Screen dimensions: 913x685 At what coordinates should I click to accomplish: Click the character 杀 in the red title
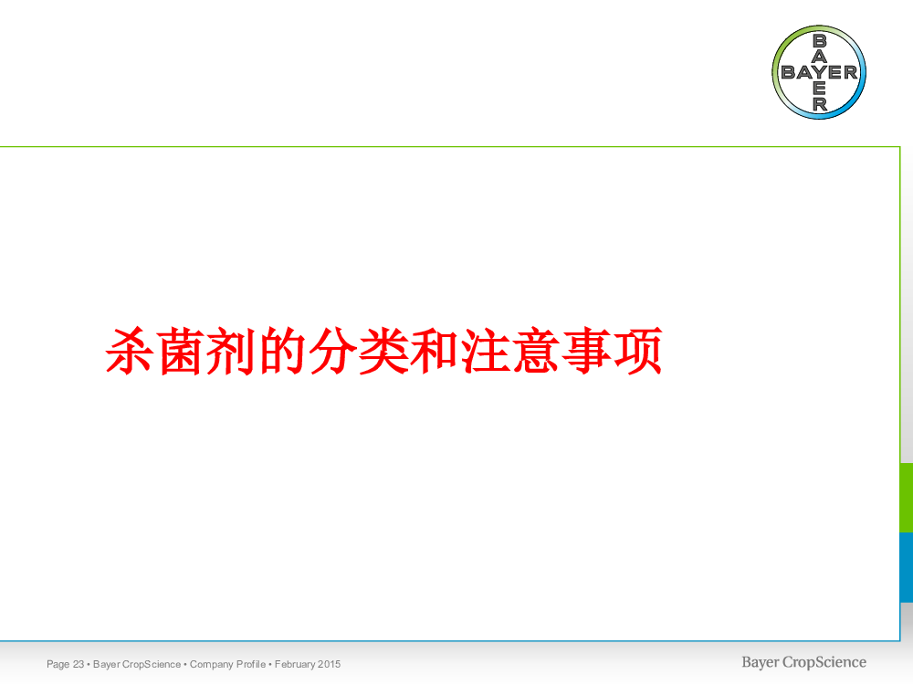131,352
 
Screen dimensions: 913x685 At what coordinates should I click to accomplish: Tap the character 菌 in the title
181,352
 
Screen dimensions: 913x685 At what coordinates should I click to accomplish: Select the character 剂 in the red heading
232,352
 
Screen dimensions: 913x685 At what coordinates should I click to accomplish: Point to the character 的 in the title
282,352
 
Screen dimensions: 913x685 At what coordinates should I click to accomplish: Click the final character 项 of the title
638,352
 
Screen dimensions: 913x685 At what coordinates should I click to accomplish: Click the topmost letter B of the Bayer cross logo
819,41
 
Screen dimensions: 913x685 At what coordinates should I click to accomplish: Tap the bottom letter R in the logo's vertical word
820,104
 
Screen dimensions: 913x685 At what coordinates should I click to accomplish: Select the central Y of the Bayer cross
820,72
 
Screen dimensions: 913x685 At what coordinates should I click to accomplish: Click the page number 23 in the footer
78,664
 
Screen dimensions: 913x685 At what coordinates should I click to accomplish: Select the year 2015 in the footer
330,664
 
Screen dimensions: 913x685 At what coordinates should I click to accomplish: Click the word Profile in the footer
251,664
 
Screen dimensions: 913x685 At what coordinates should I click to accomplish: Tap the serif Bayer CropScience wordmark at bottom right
803,663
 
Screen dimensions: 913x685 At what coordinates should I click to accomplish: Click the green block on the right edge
907,498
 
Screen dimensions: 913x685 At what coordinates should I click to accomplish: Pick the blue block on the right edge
907,567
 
